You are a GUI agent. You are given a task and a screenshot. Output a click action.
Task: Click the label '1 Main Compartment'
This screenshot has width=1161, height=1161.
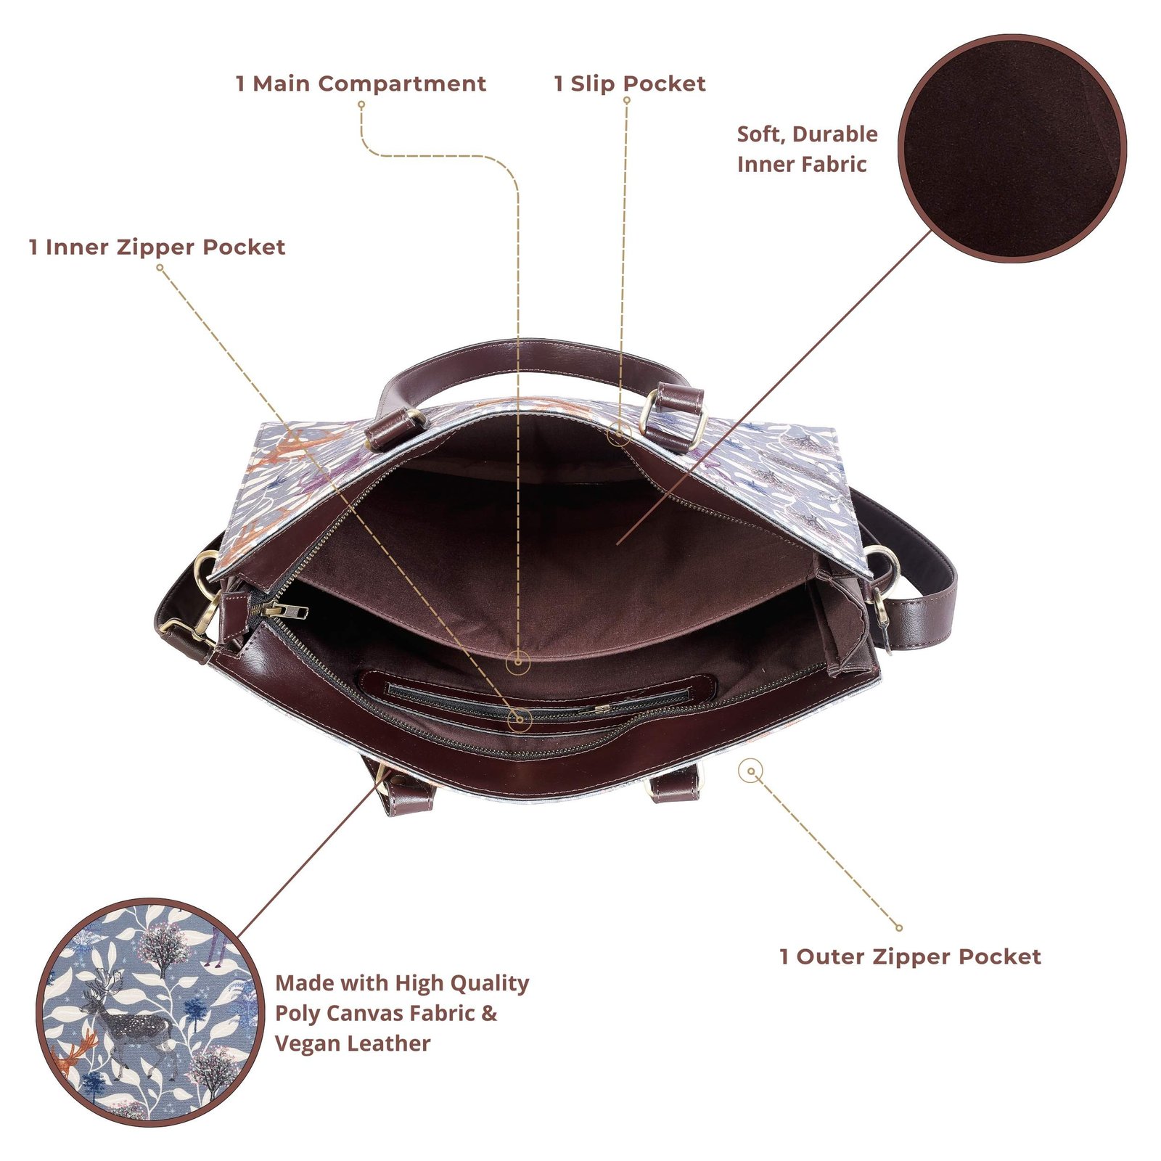pyautogui.click(x=361, y=83)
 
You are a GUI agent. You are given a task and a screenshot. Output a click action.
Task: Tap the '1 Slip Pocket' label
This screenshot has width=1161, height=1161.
pyautogui.click(x=629, y=83)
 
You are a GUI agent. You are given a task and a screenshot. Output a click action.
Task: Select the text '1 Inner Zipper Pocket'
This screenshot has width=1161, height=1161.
pyautogui.click(x=157, y=247)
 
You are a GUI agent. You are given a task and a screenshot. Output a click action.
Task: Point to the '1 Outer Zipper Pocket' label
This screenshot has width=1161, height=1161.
pyautogui.click(x=910, y=956)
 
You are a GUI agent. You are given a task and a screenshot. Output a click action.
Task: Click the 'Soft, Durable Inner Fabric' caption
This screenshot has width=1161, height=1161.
pyautogui.click(x=807, y=149)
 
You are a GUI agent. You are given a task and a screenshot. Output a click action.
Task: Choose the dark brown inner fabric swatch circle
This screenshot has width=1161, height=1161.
pyautogui.click(x=1012, y=149)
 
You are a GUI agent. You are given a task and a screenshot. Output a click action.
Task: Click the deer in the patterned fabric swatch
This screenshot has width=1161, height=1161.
pyautogui.click(x=127, y=1012)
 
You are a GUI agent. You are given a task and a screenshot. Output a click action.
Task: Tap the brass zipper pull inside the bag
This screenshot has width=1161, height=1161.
pyautogui.click(x=279, y=610)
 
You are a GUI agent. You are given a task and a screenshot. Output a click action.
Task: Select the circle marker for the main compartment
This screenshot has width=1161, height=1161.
pyautogui.click(x=517, y=661)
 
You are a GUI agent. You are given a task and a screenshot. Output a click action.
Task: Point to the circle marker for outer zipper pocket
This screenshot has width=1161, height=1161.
pyautogui.click(x=751, y=771)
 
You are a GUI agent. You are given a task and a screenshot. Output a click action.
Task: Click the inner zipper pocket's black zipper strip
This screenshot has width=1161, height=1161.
pyautogui.click(x=537, y=698)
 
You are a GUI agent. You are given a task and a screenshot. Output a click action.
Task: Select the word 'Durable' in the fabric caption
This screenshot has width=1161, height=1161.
pyautogui.click(x=834, y=134)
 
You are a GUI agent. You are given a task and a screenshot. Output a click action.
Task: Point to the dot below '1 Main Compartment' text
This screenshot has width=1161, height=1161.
pyautogui.click(x=361, y=104)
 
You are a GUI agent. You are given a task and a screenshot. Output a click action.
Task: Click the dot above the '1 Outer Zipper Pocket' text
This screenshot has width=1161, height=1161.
pyautogui.click(x=899, y=927)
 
